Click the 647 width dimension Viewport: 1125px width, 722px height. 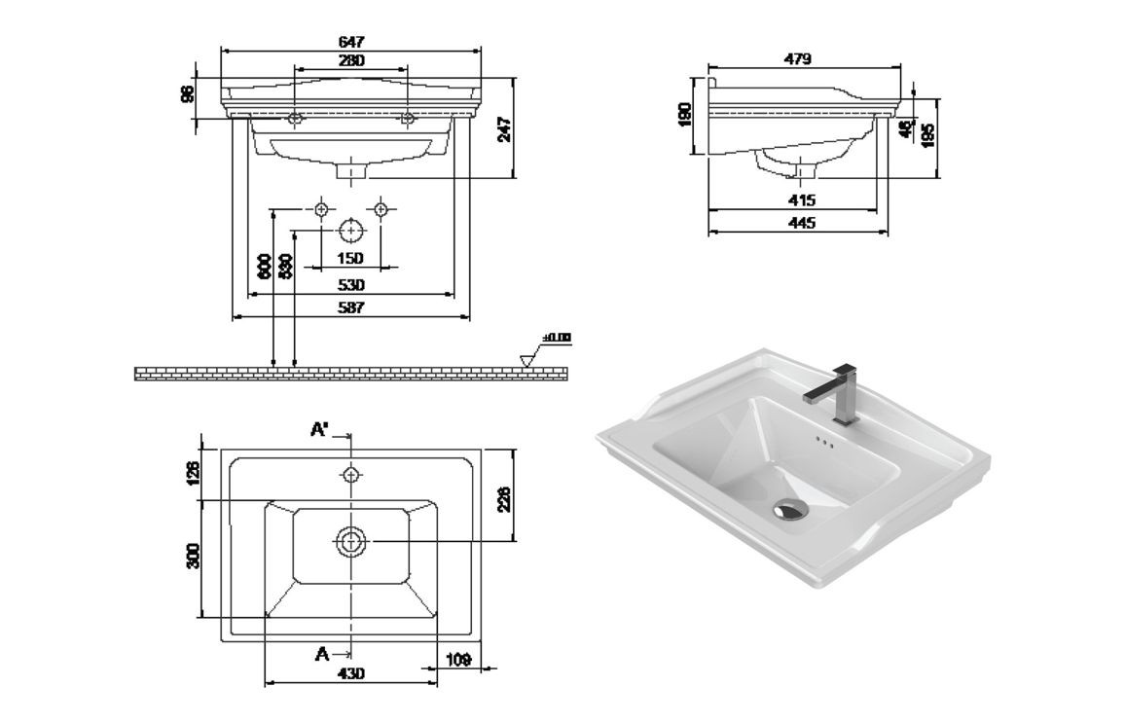[351, 42]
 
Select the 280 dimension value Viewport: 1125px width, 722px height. [351, 60]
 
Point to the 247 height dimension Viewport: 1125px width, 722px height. [505, 128]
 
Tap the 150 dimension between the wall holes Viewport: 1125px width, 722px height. [350, 258]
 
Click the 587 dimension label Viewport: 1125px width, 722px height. [350, 307]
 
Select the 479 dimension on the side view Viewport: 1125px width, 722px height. [798, 59]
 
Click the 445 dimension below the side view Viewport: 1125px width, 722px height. [801, 223]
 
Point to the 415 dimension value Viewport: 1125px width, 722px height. [801, 200]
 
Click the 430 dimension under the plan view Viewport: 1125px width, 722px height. [350, 673]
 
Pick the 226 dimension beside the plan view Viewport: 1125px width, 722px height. [505, 498]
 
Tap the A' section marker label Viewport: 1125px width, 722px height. [320, 429]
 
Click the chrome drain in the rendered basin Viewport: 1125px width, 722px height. [790, 510]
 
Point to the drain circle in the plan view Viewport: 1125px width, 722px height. [351, 541]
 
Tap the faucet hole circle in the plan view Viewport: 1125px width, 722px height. [351, 474]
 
